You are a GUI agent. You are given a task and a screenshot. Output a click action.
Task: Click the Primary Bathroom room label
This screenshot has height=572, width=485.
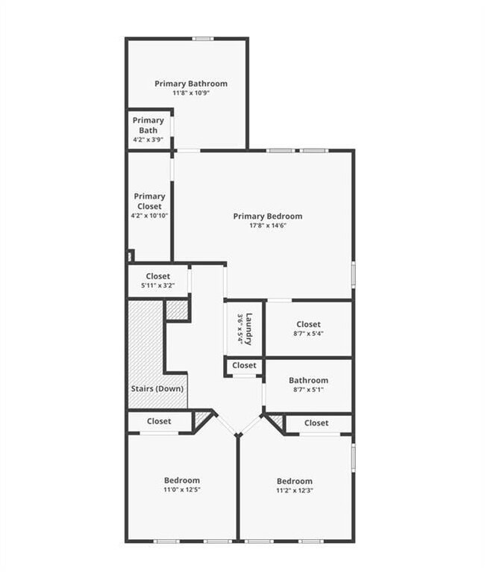coord(191,84)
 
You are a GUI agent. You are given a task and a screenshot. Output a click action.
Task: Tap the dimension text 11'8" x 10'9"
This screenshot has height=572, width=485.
coord(191,93)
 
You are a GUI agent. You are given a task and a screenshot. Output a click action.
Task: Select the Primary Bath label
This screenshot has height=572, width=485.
coord(148,125)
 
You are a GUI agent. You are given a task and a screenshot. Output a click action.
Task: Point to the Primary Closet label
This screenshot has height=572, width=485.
coord(149,202)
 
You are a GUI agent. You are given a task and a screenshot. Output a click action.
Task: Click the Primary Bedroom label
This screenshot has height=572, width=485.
coord(267,217)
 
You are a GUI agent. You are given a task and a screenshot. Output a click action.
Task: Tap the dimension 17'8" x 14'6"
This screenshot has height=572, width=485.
coord(267,226)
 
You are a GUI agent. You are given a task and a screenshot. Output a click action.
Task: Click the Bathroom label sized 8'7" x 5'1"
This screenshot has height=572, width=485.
coord(308,380)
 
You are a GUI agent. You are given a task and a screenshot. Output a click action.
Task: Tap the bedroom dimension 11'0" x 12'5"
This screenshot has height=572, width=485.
coord(182,490)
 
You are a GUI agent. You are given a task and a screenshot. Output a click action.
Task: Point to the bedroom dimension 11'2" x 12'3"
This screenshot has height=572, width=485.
coord(295,491)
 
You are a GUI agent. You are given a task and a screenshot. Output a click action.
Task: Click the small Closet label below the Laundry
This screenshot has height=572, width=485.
coord(244,366)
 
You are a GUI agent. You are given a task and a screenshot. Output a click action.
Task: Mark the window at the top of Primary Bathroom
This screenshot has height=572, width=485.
coord(203,39)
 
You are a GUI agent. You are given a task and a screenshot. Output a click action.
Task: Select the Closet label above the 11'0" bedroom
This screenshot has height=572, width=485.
coord(159,422)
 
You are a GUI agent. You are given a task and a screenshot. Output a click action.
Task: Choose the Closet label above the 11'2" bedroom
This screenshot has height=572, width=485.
coord(316,423)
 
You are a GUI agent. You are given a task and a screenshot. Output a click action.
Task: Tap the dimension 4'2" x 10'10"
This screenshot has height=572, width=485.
coord(149,216)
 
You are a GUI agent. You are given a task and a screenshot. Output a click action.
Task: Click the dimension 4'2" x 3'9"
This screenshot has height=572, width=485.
coord(148,140)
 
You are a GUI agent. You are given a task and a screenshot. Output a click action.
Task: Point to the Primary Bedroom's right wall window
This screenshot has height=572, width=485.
coord(353,273)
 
